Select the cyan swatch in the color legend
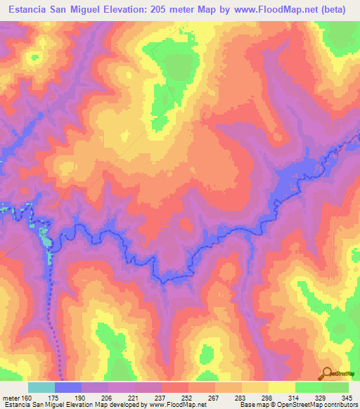[41, 387]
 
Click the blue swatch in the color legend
[68, 387]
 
